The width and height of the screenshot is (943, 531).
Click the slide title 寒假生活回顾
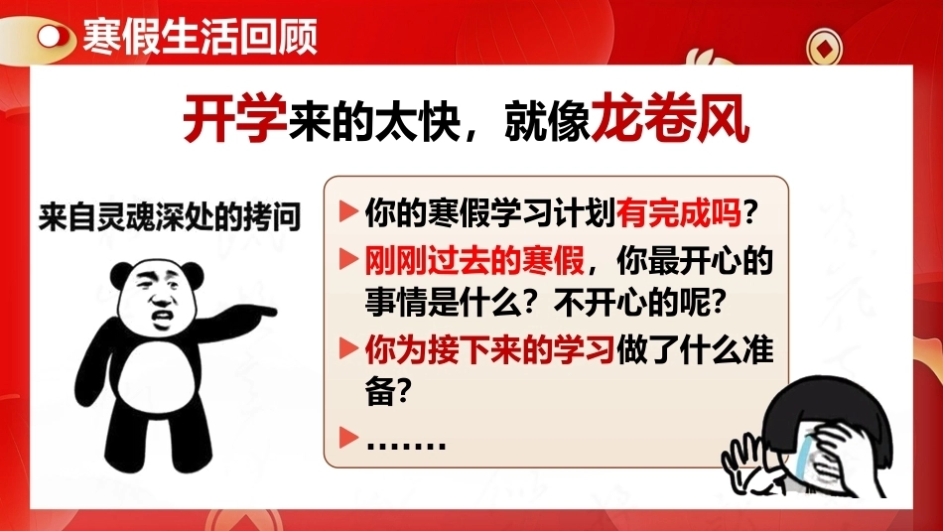(200, 37)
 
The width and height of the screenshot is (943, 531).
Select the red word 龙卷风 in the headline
(671, 117)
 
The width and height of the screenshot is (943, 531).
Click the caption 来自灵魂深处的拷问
(170, 216)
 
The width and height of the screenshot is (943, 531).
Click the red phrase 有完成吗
(679, 211)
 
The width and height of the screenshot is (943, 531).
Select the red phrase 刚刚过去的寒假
(474, 261)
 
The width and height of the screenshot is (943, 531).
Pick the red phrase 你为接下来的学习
(489, 349)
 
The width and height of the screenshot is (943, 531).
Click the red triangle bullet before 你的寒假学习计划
(348, 211)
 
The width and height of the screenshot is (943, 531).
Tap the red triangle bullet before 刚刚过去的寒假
(348, 259)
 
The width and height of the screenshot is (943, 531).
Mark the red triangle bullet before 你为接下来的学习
(348, 348)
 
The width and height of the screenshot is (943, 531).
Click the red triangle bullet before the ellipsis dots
(348, 437)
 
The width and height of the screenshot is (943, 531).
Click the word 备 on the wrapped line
(380, 392)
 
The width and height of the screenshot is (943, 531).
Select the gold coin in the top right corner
(824, 48)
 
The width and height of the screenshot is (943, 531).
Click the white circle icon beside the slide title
(50, 37)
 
